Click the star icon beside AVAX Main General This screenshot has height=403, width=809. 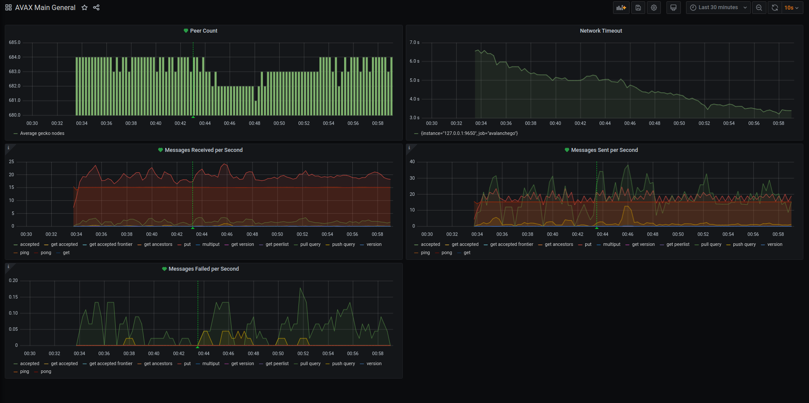point(84,7)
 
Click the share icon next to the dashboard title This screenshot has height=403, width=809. point(96,7)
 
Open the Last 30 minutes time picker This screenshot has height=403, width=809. point(718,7)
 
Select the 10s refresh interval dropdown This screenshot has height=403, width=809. point(791,8)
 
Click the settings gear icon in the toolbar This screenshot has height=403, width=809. point(653,8)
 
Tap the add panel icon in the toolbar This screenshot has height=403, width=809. point(621,8)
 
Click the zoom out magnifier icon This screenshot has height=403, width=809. point(759,8)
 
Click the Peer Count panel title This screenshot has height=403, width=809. point(203,31)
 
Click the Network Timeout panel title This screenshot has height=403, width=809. point(600,31)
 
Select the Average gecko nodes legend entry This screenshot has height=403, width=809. point(42,134)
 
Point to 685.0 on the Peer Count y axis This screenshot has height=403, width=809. point(14,43)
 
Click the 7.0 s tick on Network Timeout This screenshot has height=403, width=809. point(414,43)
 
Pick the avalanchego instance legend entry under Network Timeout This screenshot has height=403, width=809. point(469,134)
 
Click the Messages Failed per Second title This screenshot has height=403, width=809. point(203,269)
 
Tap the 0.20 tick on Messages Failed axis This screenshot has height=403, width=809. point(13,281)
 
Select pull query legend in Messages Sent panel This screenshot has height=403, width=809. point(711,245)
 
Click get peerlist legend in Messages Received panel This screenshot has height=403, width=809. point(277,245)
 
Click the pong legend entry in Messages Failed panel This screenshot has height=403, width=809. point(46,372)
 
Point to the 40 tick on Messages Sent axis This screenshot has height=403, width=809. point(412,162)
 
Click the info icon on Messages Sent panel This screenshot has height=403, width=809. point(409,148)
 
